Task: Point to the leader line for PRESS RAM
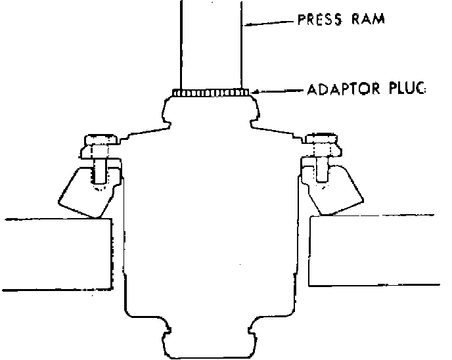coord(269,23)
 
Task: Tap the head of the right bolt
coord(322,139)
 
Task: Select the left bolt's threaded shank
coord(101,172)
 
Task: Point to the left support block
coord(56,253)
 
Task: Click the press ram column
coord(210,46)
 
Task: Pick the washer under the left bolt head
coord(101,152)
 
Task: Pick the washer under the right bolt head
coord(321,152)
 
